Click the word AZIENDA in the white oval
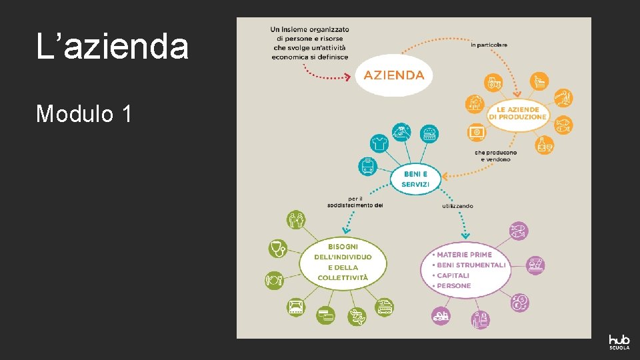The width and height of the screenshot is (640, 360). tap(393, 75)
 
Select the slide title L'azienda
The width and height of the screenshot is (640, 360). tap(112, 47)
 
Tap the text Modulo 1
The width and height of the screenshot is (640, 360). tap(83, 114)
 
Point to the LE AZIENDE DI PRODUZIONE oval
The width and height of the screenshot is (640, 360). tap(517, 113)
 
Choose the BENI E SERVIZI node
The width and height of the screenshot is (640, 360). tap(416, 179)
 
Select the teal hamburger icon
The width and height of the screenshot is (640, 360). tap(430, 133)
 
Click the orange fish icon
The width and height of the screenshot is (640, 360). tap(563, 123)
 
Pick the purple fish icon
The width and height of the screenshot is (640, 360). tap(518, 231)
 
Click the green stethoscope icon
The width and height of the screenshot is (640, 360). tap(277, 249)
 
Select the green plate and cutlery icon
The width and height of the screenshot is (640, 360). tap(275, 279)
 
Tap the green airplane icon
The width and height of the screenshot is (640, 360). tap(357, 316)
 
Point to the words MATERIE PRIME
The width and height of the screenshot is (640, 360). tap(464, 255)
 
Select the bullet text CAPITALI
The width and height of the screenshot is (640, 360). tap(453, 275)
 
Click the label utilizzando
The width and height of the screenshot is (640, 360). tap(457, 206)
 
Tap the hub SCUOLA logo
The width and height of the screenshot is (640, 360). tap(619, 341)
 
